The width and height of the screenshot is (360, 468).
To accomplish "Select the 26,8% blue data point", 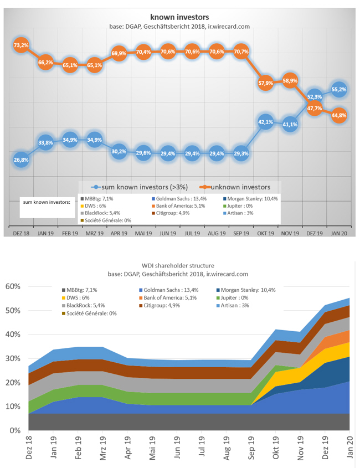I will [x=21, y=160].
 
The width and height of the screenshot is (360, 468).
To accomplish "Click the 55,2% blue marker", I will [x=339, y=89].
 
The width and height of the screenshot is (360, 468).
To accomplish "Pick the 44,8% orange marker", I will [x=339, y=115].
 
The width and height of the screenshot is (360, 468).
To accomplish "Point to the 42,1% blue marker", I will [x=266, y=122].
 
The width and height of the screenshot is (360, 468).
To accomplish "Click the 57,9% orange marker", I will [x=266, y=83].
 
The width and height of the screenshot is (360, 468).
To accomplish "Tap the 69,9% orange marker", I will [x=119, y=54].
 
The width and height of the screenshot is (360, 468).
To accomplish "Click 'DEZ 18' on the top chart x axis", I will [x=21, y=234].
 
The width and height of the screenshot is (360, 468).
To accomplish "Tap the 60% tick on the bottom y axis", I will [x=14, y=286].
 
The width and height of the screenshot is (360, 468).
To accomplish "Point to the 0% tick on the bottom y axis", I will [x=16, y=430].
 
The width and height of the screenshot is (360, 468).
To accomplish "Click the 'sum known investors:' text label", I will [x=47, y=202].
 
